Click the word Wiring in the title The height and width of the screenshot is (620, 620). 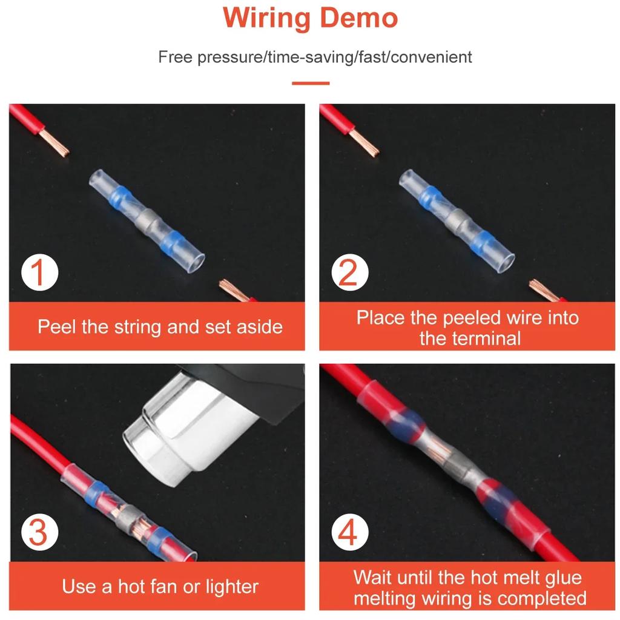click(x=266, y=18)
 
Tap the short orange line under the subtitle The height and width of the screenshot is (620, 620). click(x=311, y=83)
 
